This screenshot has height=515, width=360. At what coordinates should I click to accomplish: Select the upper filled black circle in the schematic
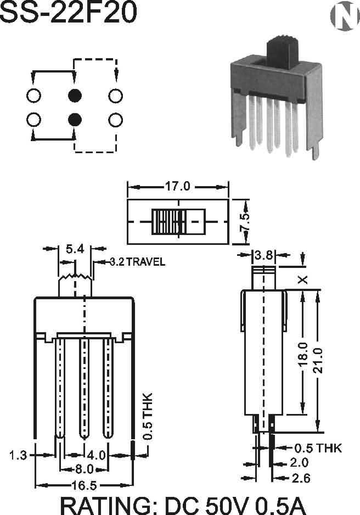tap(75, 96)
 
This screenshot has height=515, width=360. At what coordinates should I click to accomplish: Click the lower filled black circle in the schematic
tap(75, 119)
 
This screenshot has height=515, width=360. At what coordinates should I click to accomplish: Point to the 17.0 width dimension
tap(177, 187)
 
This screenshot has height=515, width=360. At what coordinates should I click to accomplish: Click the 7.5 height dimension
tap(245, 222)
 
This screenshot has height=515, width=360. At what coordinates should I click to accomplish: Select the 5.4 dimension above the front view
tap(75, 249)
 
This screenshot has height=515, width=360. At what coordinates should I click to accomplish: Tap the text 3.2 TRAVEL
tap(137, 261)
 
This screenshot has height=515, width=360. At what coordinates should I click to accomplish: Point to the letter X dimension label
tap(303, 279)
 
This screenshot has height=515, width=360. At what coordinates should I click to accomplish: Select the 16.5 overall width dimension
tap(84, 485)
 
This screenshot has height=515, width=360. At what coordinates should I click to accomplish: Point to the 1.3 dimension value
tap(18, 455)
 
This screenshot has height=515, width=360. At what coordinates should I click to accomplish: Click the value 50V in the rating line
tap(227, 504)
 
